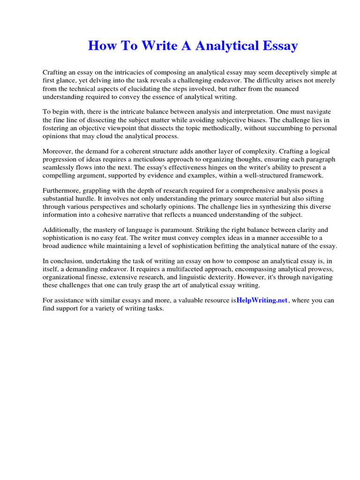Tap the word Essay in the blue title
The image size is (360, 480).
277,46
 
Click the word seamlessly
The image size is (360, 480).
60,167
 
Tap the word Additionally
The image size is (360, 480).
61,230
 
